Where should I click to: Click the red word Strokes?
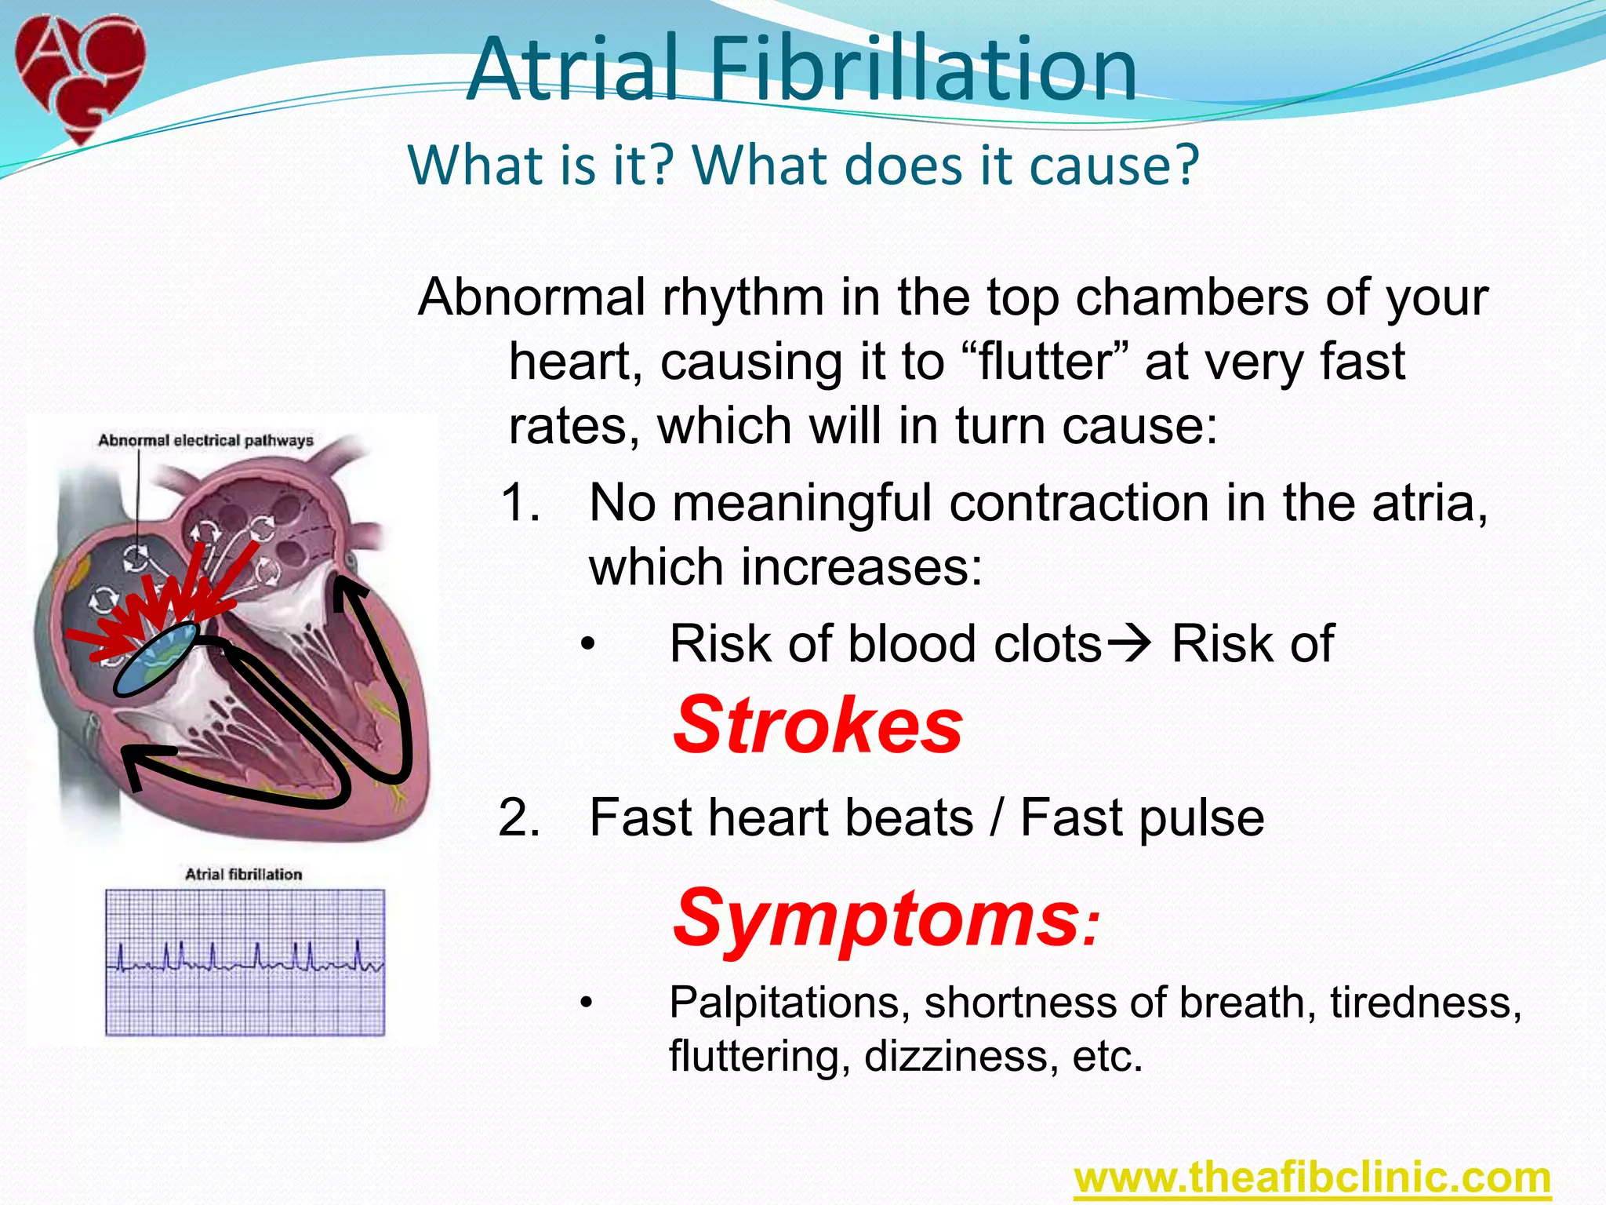[x=818, y=726]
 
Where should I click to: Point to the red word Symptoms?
[x=878, y=918]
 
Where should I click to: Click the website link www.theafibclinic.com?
[x=1312, y=1178]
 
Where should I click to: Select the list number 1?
[x=521, y=503]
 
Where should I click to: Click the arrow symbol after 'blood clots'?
[x=1129, y=644]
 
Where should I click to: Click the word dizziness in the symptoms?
[x=957, y=1056]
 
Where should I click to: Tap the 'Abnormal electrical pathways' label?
[x=205, y=440]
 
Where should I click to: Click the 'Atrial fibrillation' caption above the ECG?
[x=243, y=874]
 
